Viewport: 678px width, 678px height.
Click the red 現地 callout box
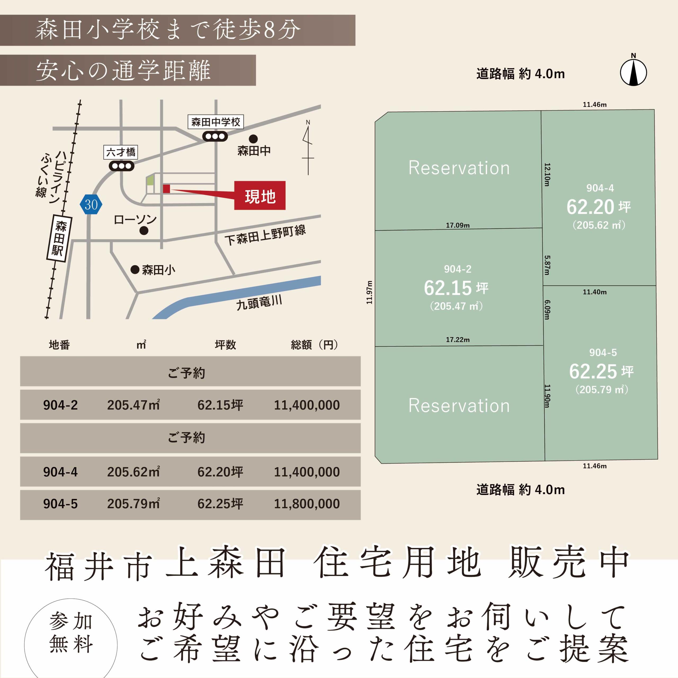pos(260,195)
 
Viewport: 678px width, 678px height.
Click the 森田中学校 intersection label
pos(216,122)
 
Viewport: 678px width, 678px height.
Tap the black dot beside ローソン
pos(144,231)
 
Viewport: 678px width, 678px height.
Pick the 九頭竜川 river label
pos(259,302)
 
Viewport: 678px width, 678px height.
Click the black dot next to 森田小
pos(135,270)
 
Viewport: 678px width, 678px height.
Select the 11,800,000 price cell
pos(307,503)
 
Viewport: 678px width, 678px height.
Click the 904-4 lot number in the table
pos(60,472)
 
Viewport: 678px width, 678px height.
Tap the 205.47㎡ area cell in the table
pos(134,405)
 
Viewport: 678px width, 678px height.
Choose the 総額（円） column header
pos(314,345)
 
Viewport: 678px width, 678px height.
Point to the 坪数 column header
pos(226,345)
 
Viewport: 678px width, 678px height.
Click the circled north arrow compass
pos(634,72)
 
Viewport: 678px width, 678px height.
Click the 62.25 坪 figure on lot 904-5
pos(601,371)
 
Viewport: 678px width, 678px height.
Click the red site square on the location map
pos(166,189)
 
